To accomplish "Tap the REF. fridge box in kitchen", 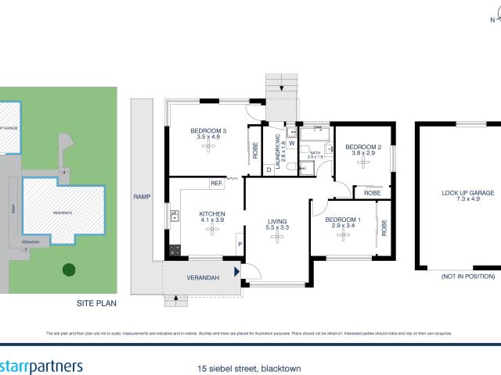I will coord(217,184).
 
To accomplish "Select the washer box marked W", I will coord(291,143).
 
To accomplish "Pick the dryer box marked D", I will coord(269,169).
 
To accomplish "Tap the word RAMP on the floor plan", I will coord(142,196).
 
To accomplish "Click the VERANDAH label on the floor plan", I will coord(202,277).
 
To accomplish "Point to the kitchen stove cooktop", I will coord(174,250).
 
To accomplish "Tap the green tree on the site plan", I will coord(69,270).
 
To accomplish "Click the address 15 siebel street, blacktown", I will coord(250,367).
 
